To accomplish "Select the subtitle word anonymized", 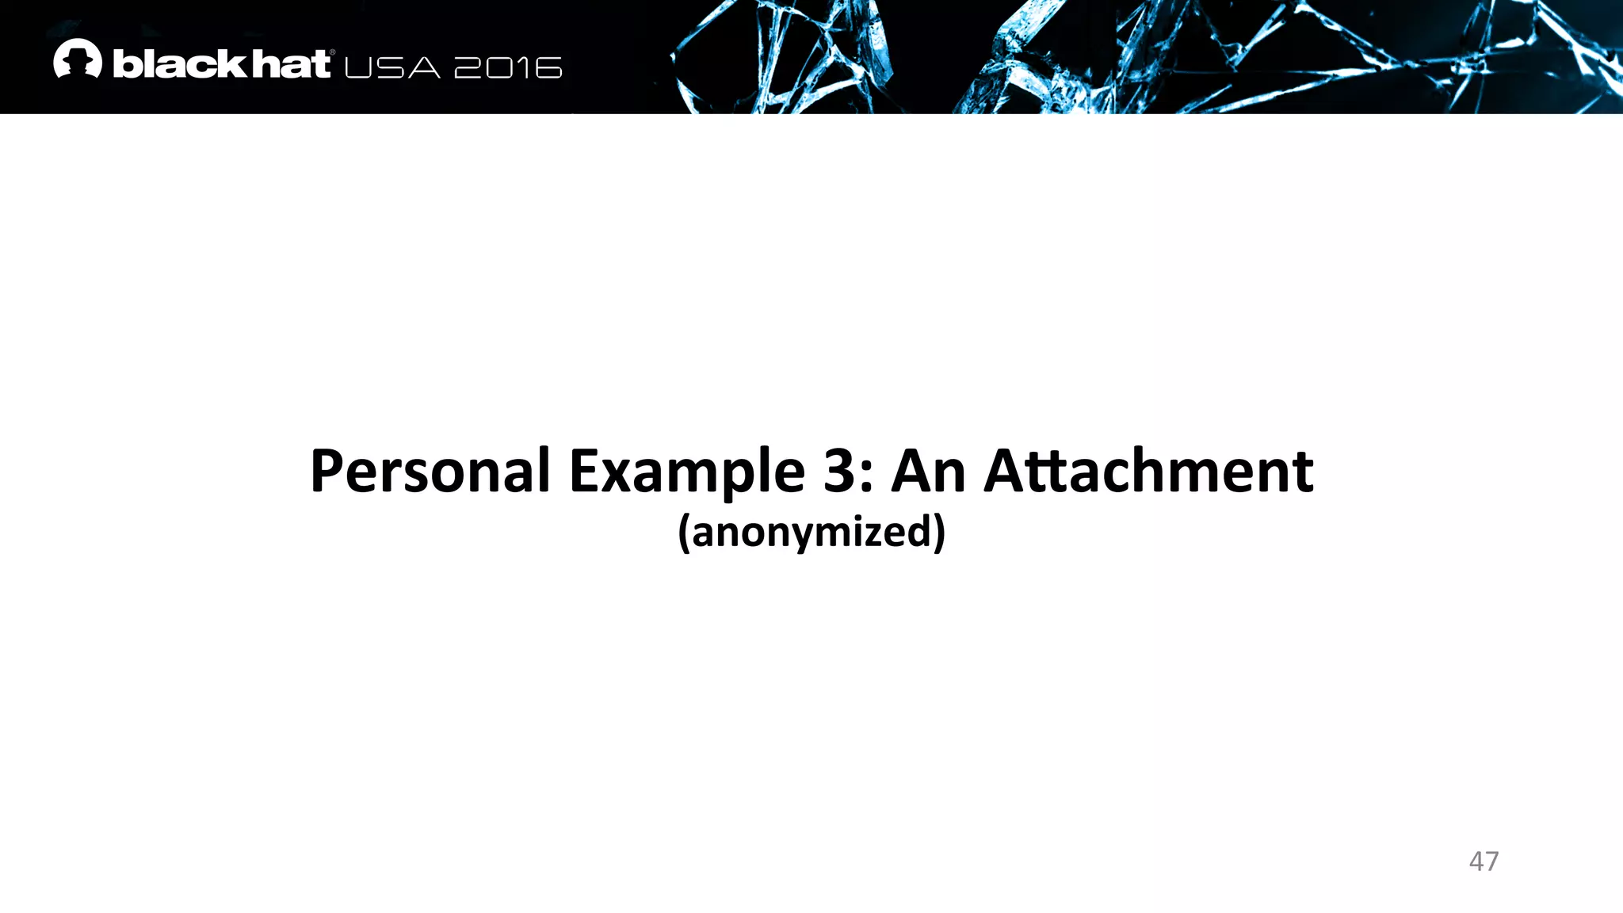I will coord(811,532).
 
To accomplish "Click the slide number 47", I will coord(1484,861).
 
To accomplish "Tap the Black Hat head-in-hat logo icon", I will coord(78,59).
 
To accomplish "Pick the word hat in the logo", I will coord(290,63).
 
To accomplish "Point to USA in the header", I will coord(392,68).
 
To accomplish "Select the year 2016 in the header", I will coord(508,68).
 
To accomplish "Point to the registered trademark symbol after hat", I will coord(332,53).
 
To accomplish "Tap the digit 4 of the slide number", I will coord(1476,861).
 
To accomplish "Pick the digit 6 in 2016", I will coord(548,68).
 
